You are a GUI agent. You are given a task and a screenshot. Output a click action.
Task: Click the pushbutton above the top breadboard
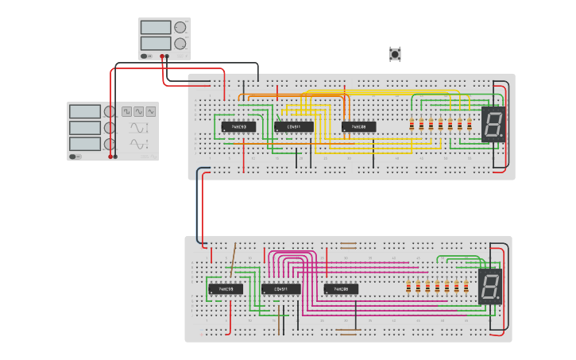click(x=395, y=54)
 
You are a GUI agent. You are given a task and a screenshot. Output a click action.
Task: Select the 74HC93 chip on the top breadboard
click(x=238, y=126)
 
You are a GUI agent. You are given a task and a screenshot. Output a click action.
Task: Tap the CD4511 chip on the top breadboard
click(x=293, y=126)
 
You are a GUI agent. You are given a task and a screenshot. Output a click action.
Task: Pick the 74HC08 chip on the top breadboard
click(x=358, y=126)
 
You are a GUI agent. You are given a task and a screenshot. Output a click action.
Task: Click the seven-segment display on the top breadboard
click(x=493, y=124)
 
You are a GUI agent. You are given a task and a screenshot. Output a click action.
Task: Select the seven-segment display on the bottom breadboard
click(x=490, y=286)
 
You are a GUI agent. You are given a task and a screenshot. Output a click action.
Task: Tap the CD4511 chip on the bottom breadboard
click(x=281, y=288)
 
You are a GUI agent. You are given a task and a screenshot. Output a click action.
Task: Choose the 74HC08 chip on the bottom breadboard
click(x=341, y=288)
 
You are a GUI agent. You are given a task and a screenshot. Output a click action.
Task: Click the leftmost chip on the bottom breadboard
click(x=226, y=288)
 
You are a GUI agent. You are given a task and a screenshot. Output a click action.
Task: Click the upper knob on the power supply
click(x=180, y=27)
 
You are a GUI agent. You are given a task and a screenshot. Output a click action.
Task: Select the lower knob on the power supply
click(x=180, y=44)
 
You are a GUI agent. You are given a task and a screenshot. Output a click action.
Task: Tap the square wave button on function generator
click(x=127, y=112)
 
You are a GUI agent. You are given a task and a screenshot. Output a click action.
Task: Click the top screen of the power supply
click(x=156, y=27)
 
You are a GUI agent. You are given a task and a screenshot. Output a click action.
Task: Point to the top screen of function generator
click(x=85, y=112)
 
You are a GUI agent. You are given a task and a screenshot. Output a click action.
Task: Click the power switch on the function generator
click(x=75, y=157)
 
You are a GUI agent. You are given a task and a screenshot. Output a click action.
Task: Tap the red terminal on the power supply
click(x=162, y=56)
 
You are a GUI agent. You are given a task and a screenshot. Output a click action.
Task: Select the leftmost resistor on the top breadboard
click(x=412, y=125)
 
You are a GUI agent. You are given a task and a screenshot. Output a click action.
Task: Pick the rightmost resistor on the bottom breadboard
click(x=466, y=287)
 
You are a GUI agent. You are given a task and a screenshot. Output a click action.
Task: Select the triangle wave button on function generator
click(x=151, y=112)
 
